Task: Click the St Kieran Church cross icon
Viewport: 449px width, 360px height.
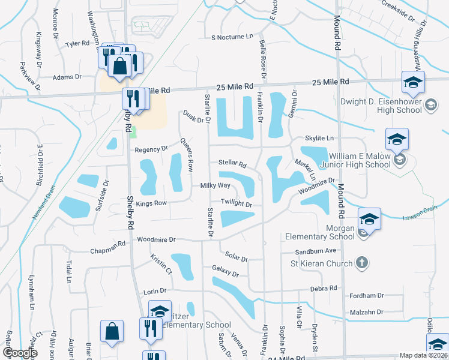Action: coord(361,262)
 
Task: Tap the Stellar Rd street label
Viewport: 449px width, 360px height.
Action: coord(233,164)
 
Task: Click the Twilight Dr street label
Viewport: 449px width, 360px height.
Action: coord(236,203)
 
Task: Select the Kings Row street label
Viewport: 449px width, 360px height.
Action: coord(151,203)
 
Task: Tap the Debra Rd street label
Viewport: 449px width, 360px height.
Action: coord(324,289)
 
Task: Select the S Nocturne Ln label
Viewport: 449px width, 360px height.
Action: coord(232,37)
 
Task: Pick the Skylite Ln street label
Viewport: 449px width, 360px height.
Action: coord(319,138)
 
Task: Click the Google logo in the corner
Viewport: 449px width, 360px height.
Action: coord(20,353)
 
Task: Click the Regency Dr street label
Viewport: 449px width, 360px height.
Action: coord(151,149)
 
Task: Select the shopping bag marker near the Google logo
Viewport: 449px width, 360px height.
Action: coord(112,332)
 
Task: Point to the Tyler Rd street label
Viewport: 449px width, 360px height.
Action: coord(77,43)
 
